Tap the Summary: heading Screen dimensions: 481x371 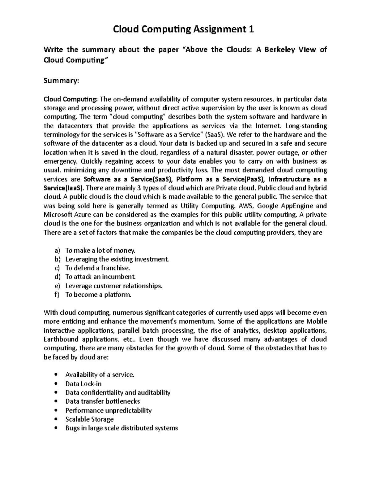pos(62,81)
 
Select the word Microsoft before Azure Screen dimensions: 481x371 pos(58,215)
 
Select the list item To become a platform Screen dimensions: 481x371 pos(98,295)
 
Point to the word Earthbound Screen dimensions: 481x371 pos(61,339)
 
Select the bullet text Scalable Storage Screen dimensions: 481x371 pos(89,419)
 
